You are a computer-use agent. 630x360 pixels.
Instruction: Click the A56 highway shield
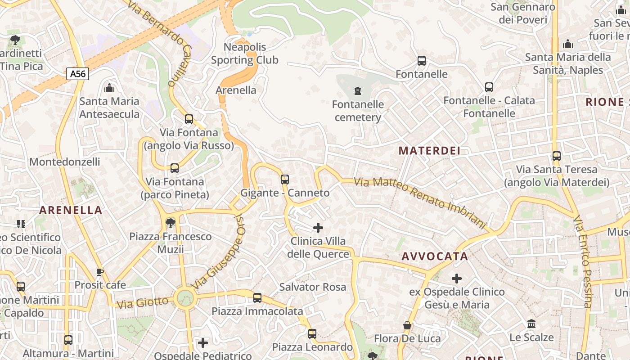coord(78,74)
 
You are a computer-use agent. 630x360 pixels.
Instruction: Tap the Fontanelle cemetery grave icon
coord(358,91)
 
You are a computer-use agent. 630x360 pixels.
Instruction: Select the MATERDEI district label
coord(429,151)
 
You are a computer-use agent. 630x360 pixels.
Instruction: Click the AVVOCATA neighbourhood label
coord(435,256)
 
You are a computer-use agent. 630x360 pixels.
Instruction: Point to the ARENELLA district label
coord(71,210)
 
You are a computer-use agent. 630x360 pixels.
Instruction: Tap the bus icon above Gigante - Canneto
coord(285,180)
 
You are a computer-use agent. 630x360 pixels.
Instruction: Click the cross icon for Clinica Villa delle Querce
coord(318,228)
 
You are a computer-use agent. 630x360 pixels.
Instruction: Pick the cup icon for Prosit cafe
coord(100,272)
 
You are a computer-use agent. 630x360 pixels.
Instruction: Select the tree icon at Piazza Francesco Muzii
coord(170,223)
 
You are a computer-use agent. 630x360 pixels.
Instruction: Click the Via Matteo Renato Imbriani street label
coord(420,202)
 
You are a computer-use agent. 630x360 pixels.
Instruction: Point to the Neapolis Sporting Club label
coord(245,54)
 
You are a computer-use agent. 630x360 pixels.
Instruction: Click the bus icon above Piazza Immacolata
coord(257,297)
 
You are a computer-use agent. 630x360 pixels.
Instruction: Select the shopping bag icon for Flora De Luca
coord(407,325)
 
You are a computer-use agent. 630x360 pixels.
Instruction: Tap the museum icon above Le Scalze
coord(531,324)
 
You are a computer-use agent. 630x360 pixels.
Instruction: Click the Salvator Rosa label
coord(313,287)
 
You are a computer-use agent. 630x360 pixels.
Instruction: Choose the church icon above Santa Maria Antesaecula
coord(109,88)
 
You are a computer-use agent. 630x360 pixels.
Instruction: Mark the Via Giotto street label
coord(142,302)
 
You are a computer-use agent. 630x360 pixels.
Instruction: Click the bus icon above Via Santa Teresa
coord(557,156)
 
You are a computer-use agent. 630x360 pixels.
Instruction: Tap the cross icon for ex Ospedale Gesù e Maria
coord(457,279)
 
